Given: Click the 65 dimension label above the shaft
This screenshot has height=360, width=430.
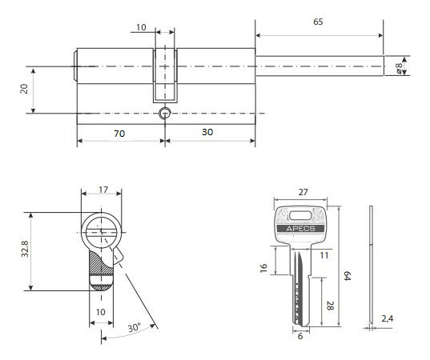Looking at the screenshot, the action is point(318,22).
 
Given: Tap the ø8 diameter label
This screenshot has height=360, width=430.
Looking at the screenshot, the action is point(399,68).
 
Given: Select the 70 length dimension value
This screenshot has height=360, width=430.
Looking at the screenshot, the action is point(119,134).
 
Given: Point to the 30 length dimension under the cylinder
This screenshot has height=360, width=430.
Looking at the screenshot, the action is point(207,132).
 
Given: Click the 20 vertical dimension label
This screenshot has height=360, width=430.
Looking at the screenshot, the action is point(24,89).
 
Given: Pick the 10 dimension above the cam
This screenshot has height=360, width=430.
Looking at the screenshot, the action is point(141,27).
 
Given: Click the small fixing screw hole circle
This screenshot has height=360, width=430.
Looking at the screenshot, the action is point(165,113).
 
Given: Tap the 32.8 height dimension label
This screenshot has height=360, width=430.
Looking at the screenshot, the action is point(25,249).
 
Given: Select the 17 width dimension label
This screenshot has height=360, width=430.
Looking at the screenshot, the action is point(103,190).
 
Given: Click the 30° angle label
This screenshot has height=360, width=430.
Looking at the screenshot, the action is point(135,327).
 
